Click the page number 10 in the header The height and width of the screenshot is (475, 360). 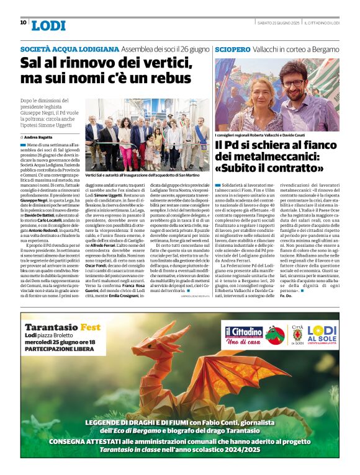[x=23, y=22]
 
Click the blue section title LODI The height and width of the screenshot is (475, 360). [x=48, y=25]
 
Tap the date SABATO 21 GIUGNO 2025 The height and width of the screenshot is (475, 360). [x=277, y=23]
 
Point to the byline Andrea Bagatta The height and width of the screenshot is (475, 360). [x=39, y=136]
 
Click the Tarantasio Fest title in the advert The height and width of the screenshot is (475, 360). [x=62, y=327]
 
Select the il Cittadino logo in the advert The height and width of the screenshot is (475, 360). [x=243, y=335]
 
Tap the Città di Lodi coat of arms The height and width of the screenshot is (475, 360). [x=297, y=335]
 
